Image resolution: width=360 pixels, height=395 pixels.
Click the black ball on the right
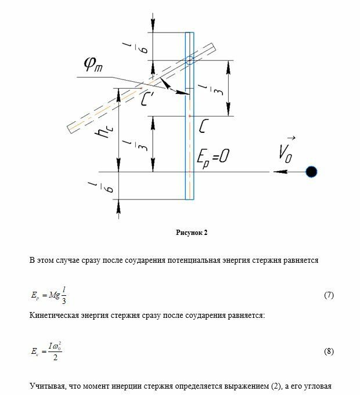(312, 172)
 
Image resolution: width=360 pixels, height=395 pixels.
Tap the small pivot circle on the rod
(189, 60)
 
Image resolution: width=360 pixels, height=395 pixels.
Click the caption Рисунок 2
(192, 232)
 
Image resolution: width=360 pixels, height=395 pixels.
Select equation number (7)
(329, 295)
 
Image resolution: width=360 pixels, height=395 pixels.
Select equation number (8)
(329, 352)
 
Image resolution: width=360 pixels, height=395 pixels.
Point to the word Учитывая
(48, 386)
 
